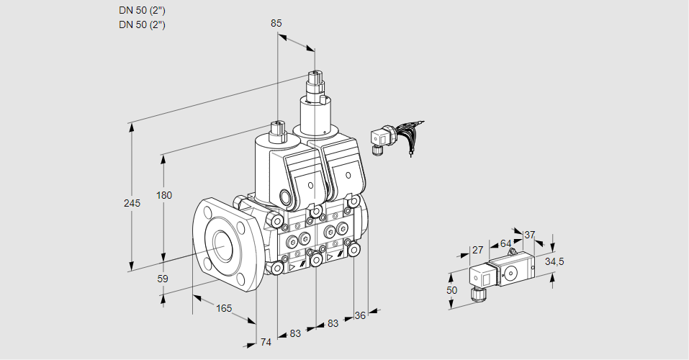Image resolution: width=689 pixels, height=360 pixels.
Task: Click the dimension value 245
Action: (132, 203)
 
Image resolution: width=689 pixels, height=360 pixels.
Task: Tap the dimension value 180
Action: (165, 196)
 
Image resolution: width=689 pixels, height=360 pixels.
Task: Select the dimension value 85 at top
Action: (276, 23)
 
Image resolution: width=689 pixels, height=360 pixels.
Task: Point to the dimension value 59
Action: (163, 279)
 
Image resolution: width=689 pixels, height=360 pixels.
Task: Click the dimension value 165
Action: (225, 309)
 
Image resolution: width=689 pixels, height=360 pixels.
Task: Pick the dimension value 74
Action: (266, 342)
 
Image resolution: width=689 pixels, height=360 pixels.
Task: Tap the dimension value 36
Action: (361, 315)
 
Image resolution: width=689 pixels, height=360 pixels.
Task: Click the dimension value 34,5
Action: (554, 261)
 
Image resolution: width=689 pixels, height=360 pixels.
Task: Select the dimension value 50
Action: (451, 289)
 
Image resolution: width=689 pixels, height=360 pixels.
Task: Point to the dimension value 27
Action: (477, 250)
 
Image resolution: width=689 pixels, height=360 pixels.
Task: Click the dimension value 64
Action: (505, 243)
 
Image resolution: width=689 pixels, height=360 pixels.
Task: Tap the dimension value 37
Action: (530, 235)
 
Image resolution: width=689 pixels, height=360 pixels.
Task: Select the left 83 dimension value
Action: (295, 333)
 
